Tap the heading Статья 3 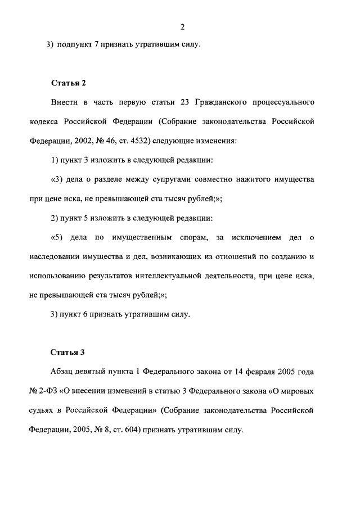click(67, 353)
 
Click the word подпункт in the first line click(75, 44)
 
